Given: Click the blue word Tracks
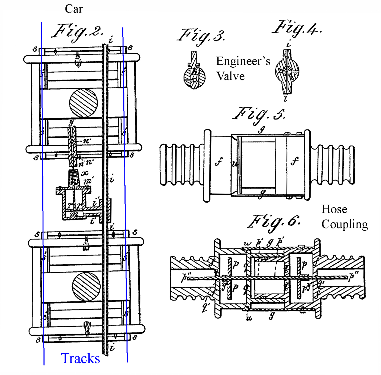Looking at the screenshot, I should click(80, 358).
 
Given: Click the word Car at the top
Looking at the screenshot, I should click(74, 9).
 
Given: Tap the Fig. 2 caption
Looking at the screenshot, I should click(78, 32).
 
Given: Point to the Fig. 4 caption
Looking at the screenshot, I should click(297, 28).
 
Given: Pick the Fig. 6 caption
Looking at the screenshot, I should click(274, 222).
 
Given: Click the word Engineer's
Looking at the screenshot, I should click(243, 61).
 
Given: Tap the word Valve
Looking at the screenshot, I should click(230, 76).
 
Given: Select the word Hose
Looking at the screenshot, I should click(334, 209).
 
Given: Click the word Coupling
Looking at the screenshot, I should click(344, 224).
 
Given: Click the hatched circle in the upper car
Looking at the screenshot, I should click(83, 103).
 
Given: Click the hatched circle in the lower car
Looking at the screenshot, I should click(86, 287).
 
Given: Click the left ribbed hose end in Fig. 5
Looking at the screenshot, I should click(182, 165).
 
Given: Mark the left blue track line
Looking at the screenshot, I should click(43, 194).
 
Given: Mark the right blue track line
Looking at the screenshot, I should click(125, 194).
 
